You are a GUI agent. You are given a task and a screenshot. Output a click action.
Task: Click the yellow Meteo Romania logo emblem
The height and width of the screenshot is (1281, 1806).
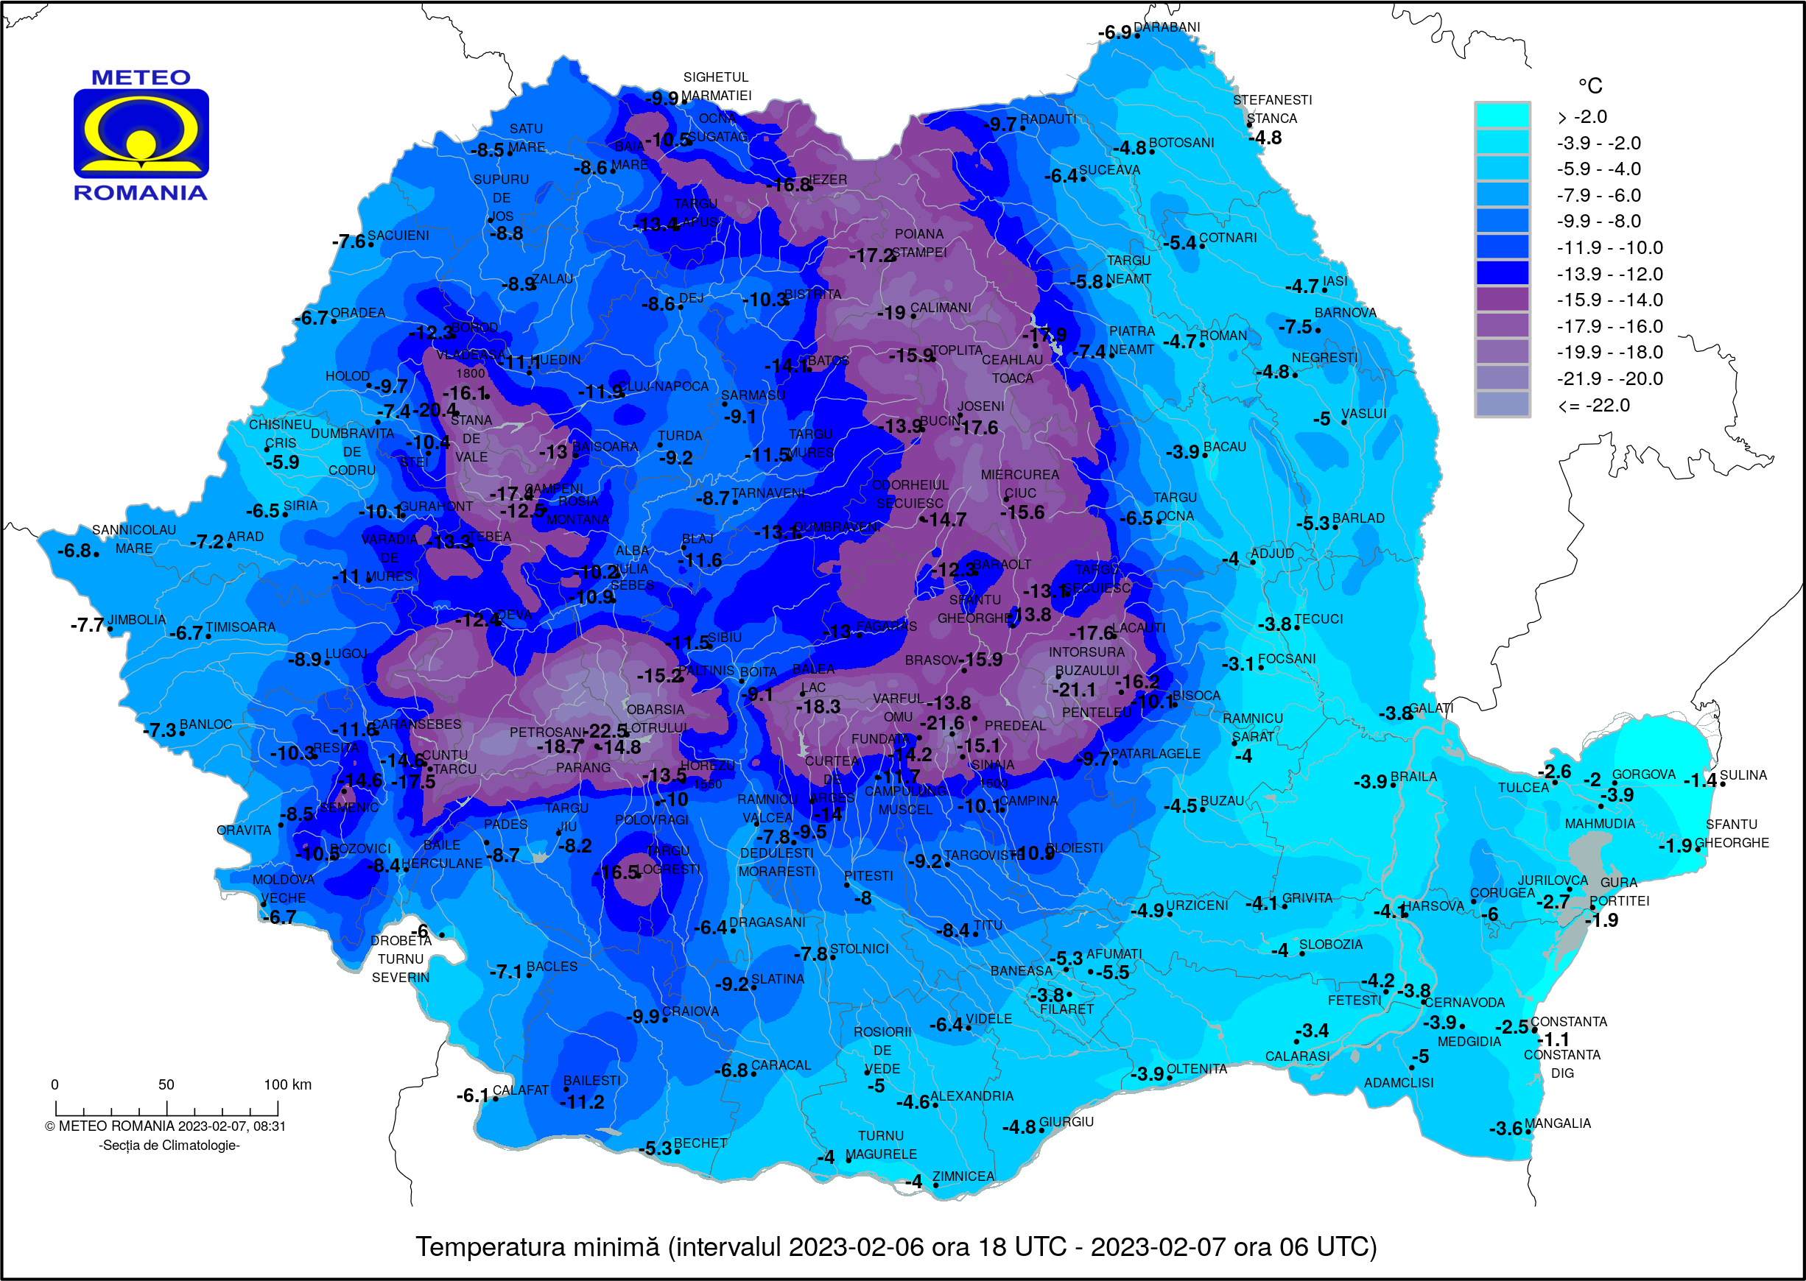coord(141,133)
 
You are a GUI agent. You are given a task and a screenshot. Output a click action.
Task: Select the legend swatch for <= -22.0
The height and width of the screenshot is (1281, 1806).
coord(1502,405)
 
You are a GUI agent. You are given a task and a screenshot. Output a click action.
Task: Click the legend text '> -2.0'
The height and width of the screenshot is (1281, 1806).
coord(1582,117)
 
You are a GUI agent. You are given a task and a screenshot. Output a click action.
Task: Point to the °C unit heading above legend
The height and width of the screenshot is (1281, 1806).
coord(1589,85)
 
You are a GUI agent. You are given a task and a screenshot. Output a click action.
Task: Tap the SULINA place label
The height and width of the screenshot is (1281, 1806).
coord(1743,775)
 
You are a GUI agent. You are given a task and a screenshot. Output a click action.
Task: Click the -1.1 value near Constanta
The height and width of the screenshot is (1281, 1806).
coord(1553,1040)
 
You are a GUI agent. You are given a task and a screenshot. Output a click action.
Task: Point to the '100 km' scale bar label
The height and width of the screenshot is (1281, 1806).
coord(287,1084)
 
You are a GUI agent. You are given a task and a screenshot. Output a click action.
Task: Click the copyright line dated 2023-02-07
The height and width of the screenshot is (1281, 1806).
coord(165,1126)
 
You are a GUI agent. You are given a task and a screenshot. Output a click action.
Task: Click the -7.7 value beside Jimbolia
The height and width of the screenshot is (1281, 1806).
coord(86,626)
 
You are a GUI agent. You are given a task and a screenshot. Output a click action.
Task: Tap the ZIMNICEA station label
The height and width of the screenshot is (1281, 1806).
coord(963,1176)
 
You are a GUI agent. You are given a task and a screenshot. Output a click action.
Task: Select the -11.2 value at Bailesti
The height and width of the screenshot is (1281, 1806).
coord(581,1102)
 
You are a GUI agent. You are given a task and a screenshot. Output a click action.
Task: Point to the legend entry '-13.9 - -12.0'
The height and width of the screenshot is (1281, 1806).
coord(1609,274)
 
